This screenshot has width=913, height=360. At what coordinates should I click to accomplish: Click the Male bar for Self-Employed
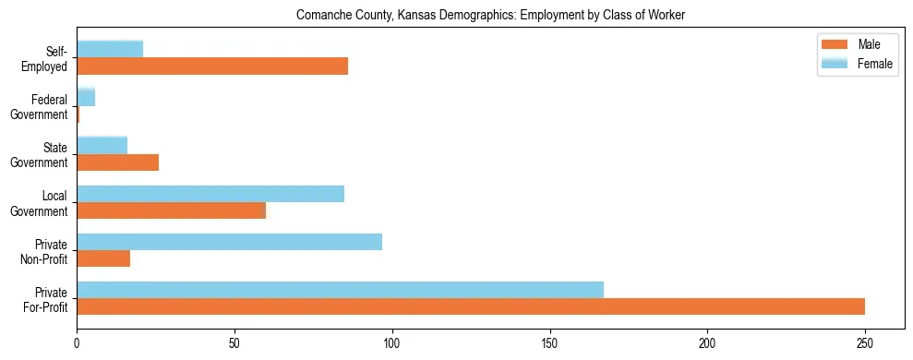(212, 66)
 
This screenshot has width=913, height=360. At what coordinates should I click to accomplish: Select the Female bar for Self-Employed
(110, 49)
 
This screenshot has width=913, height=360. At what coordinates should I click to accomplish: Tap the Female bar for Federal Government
(86, 97)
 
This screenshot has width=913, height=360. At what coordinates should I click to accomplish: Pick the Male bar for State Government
(118, 162)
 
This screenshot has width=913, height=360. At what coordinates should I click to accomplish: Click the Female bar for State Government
(102, 145)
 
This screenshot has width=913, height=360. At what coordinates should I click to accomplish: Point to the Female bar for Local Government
(210, 194)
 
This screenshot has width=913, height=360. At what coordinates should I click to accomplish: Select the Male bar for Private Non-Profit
(103, 258)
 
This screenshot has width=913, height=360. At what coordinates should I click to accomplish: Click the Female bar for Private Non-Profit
(230, 242)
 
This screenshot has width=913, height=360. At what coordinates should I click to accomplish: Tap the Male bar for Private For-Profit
(471, 306)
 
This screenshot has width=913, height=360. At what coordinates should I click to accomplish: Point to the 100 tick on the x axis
(392, 330)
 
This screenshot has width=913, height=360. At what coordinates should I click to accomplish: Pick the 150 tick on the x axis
(550, 330)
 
